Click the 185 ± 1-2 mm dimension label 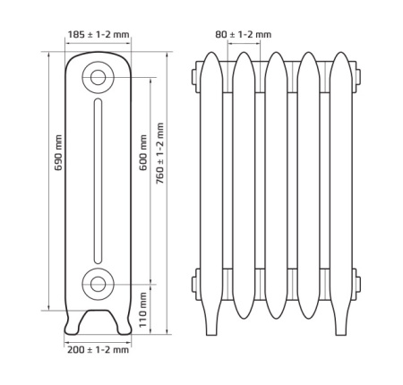pyautogui.click(x=99, y=35)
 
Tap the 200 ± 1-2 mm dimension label pyautogui.click(x=98, y=349)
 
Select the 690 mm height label pyautogui.click(x=58, y=152)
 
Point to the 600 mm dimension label pyautogui.click(x=143, y=152)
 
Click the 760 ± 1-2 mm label pyautogui.click(x=160, y=153)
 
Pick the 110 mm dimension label pyautogui.click(x=143, y=310)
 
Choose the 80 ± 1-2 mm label pyautogui.click(x=244, y=35)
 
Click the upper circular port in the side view pyautogui.click(x=98, y=78)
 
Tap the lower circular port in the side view pyautogui.click(x=98, y=284)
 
